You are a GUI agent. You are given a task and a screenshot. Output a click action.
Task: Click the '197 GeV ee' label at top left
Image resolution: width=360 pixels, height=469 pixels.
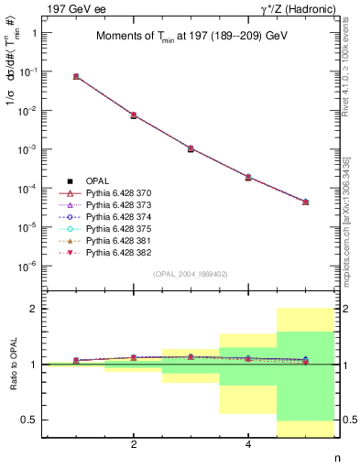(x=69, y=9)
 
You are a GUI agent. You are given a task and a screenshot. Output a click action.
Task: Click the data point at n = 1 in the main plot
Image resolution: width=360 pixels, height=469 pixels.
(x=76, y=76)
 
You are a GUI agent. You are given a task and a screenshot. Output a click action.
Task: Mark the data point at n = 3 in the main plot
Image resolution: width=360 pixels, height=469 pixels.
(x=191, y=148)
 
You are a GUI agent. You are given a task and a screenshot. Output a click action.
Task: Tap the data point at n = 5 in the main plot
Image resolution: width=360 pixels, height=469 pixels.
(x=305, y=202)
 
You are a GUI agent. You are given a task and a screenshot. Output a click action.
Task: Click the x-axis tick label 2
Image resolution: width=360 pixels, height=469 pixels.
(x=134, y=444)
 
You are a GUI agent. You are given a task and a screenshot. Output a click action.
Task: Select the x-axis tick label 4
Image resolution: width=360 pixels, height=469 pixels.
(x=248, y=444)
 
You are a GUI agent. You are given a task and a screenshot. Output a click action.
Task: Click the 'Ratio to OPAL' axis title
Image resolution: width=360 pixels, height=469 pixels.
(x=13, y=364)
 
